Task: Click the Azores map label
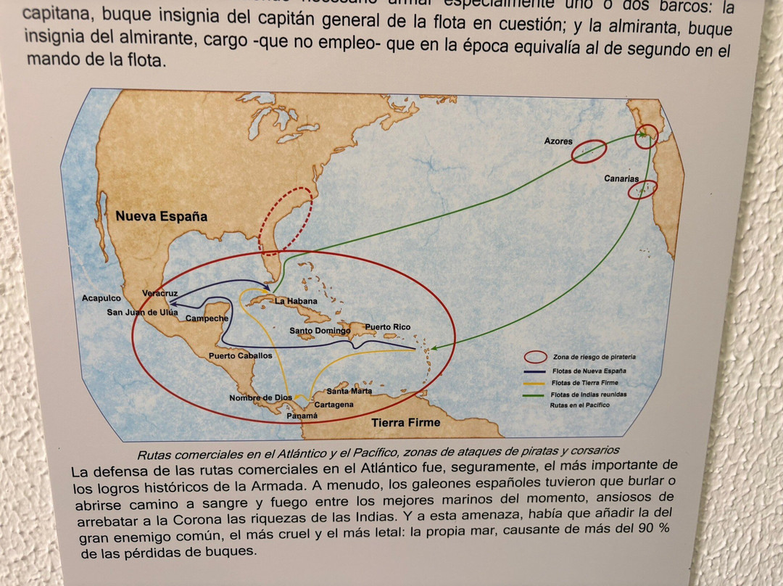pos(558,141)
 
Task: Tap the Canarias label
pos(621,178)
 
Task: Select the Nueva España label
pos(161,216)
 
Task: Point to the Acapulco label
pos(101,298)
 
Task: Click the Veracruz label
pos(160,293)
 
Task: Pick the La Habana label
pos(296,301)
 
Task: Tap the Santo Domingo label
pos(320,331)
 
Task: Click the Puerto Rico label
pos(387,327)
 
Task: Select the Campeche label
pos(207,318)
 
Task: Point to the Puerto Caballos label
pos(240,356)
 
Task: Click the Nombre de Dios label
pos(260,397)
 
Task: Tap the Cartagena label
pos(334,404)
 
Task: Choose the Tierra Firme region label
pos(405,422)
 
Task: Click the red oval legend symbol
pos(536,357)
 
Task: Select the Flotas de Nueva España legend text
pos(589,371)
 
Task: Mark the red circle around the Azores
pos(588,151)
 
